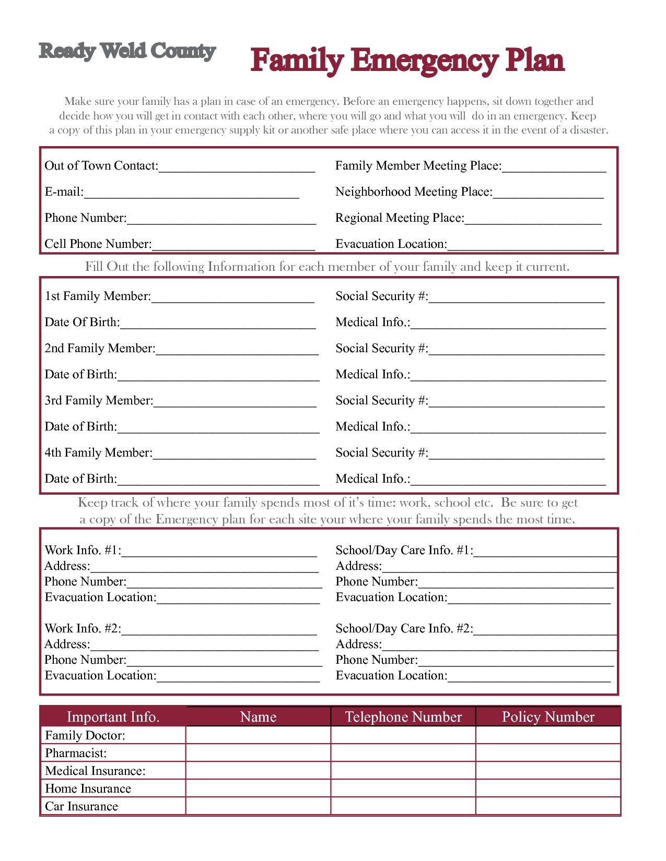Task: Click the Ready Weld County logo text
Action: (127, 51)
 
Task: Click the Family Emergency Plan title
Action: (407, 61)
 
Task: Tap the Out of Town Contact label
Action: (101, 166)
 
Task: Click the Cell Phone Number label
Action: (98, 244)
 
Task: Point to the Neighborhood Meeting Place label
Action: (414, 192)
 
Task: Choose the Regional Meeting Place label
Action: (400, 218)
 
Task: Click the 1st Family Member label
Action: (98, 296)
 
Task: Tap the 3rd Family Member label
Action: (99, 401)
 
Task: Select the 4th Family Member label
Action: (98, 453)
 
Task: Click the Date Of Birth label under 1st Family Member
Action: (82, 322)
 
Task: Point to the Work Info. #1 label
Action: (83, 551)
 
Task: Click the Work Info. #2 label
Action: (83, 629)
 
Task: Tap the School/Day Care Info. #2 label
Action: (404, 629)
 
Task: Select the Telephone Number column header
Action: (403, 717)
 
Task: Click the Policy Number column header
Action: (548, 717)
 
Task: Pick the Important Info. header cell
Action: (113, 717)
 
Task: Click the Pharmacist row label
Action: (76, 753)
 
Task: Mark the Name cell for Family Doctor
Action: (258, 735)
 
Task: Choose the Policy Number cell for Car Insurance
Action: (548, 806)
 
